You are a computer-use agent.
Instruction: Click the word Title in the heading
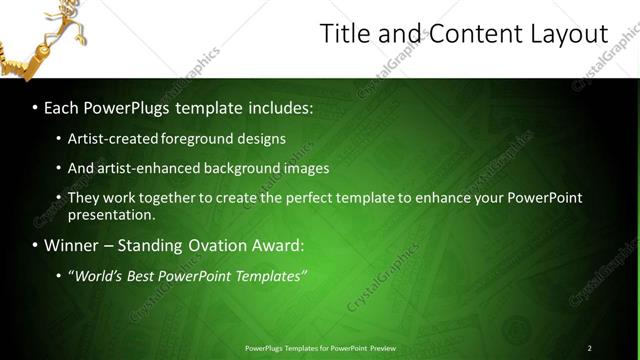343,34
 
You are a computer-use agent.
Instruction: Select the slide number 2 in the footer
589,348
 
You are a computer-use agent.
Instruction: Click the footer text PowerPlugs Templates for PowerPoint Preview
320,348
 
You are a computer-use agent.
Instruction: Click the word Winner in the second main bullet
74,245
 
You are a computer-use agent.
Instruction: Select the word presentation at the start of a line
111,214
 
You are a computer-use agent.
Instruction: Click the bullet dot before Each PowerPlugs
36,105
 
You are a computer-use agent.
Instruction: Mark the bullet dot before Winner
36,245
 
